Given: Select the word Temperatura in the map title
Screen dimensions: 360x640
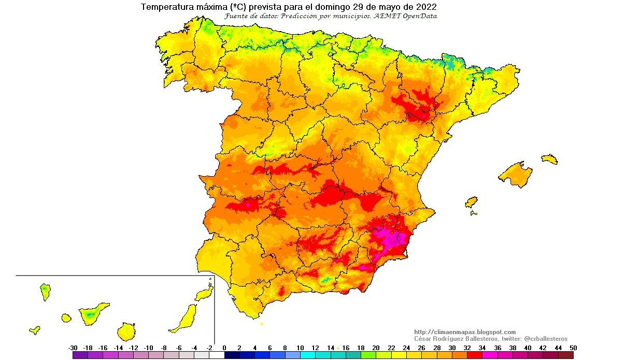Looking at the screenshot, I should pyautogui.click(x=164, y=7).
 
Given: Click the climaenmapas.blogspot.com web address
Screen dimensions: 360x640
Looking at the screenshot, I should pyautogui.click(x=465, y=332).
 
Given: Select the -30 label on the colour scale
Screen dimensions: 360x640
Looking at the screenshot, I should pyautogui.click(x=73, y=348).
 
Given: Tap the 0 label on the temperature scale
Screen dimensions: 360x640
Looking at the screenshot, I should pyautogui.click(x=224, y=348).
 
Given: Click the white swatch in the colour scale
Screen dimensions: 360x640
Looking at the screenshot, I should pyautogui.click(x=217, y=355).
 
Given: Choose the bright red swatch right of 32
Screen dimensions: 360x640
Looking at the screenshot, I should pyautogui.click(x=474, y=355).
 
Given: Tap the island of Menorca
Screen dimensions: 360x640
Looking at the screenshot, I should pyautogui.click(x=549, y=159).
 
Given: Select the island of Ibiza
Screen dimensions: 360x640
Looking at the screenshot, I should pyautogui.click(x=471, y=202).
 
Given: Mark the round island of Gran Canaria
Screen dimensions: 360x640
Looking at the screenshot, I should pyautogui.click(x=126, y=331).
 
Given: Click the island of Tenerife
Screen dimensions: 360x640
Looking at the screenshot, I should pyautogui.click(x=93, y=312).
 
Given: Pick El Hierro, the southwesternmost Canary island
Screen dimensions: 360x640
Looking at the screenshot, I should pyautogui.click(x=35, y=329).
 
